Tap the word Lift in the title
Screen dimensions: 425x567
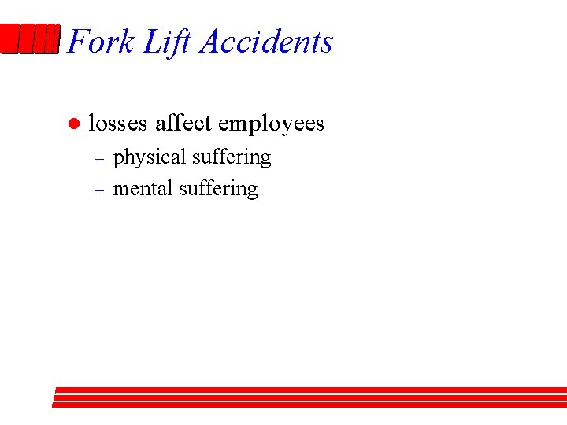click(x=167, y=42)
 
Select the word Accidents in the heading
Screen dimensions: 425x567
click(x=266, y=42)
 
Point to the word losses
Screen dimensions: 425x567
click(x=117, y=124)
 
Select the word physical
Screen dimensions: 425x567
click(x=149, y=158)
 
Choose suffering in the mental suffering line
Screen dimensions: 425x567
click(x=218, y=190)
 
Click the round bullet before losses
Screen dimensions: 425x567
click(x=72, y=124)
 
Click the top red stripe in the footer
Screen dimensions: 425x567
click(x=310, y=390)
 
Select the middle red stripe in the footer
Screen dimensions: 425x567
click(x=310, y=397)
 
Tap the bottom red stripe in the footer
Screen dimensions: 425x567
click(x=310, y=405)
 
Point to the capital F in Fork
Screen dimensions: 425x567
click(x=77, y=42)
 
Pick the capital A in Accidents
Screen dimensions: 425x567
click(x=211, y=42)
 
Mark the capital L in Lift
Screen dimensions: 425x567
click(x=151, y=42)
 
